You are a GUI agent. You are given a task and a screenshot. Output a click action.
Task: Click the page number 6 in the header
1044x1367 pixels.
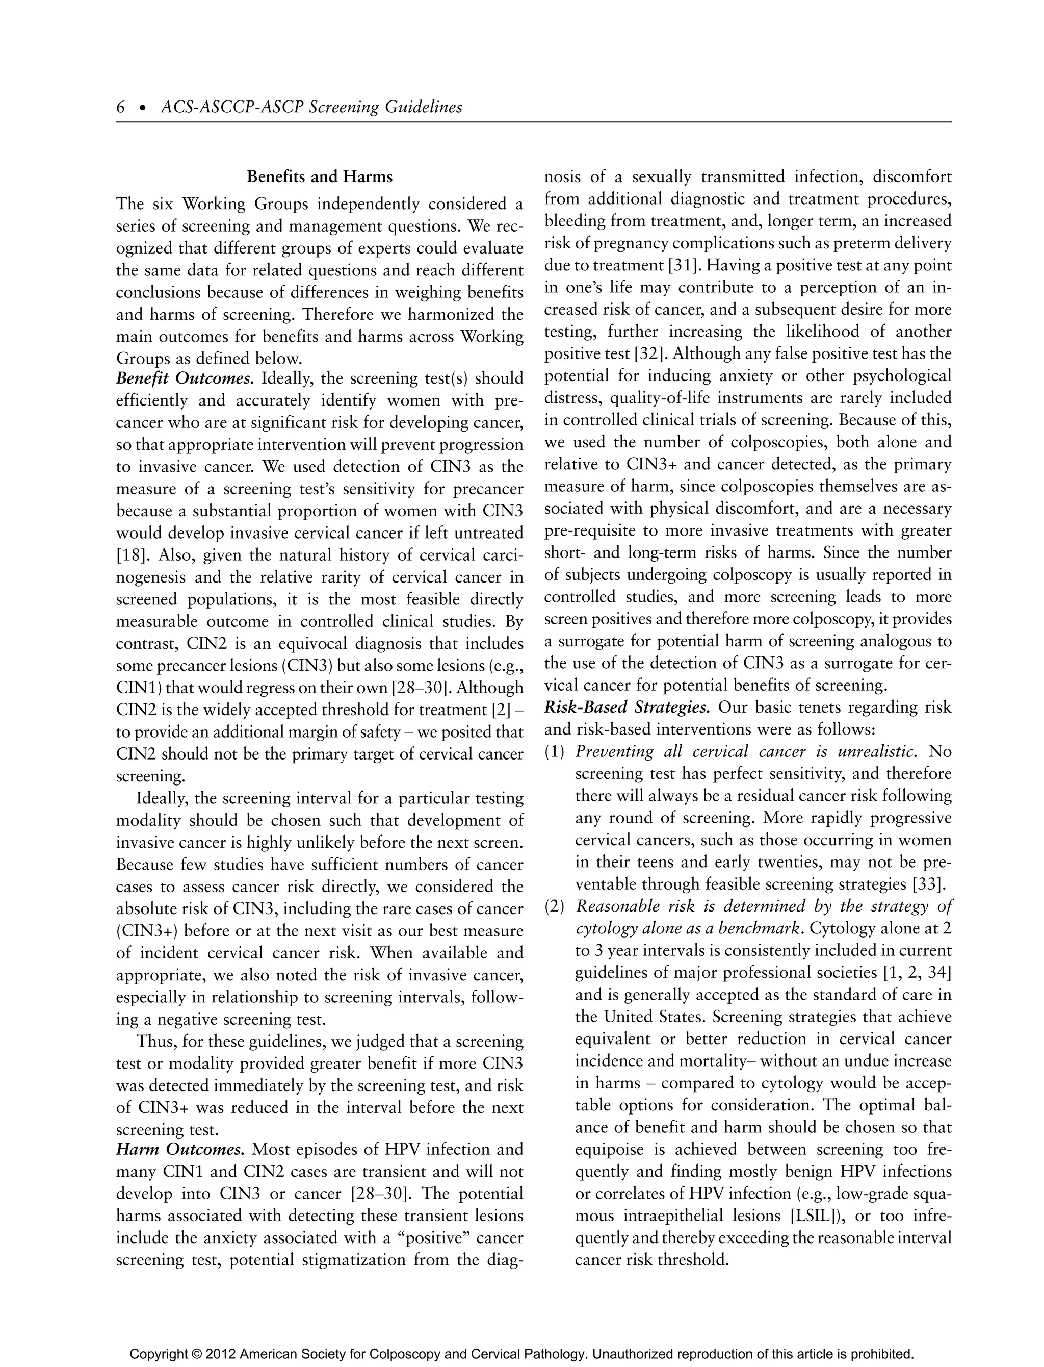[120, 108]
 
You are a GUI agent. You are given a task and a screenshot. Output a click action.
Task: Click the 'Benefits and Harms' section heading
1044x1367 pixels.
[320, 177]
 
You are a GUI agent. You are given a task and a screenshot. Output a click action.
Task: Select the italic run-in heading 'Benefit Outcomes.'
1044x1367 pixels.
[185, 378]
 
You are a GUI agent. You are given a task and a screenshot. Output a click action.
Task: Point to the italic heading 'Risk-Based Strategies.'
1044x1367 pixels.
[627, 707]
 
